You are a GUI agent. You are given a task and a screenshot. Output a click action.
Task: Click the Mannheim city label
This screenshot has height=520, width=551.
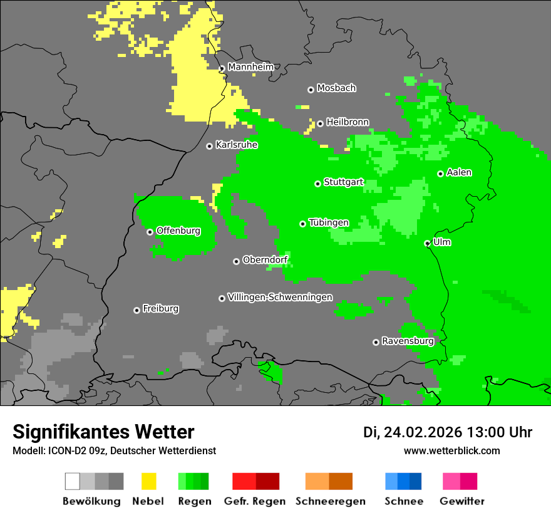pyautogui.click(x=250, y=67)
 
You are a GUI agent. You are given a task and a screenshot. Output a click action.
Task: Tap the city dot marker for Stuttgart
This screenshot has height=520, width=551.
pyautogui.click(x=317, y=184)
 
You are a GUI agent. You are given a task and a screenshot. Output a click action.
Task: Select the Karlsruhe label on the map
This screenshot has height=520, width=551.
pyautogui.click(x=236, y=145)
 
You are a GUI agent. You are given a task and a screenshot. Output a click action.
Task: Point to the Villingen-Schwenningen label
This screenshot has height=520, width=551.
pyautogui.click(x=280, y=297)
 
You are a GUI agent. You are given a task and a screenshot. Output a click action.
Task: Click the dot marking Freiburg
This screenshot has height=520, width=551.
pyautogui.click(x=136, y=310)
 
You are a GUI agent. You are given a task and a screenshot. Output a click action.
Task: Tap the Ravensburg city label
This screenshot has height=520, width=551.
pyautogui.click(x=408, y=341)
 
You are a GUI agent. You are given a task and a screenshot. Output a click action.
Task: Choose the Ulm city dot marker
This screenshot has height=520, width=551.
pyautogui.click(x=427, y=243)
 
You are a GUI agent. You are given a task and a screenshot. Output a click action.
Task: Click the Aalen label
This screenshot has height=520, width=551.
pyautogui.click(x=459, y=172)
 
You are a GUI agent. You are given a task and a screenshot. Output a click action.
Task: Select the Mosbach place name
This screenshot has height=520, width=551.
pyautogui.click(x=336, y=88)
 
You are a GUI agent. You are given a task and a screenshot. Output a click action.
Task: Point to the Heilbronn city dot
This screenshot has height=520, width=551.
pyautogui.click(x=320, y=123)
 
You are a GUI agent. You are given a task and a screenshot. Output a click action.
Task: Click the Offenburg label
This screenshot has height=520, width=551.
pyautogui.click(x=178, y=231)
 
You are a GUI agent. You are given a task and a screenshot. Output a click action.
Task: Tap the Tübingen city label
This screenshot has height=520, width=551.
pyautogui.click(x=329, y=222)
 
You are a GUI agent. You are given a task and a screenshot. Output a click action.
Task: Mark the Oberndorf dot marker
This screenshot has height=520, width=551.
pyautogui.click(x=236, y=261)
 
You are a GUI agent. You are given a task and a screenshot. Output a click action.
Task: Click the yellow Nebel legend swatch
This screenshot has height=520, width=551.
pyautogui.click(x=148, y=481)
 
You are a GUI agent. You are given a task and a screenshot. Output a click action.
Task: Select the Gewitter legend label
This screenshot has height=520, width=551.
pyautogui.click(x=461, y=501)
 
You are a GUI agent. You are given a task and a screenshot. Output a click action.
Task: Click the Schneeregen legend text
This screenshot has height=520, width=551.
pyautogui.click(x=330, y=501)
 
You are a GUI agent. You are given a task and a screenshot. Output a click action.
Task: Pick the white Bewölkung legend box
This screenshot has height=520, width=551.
pyautogui.click(x=73, y=481)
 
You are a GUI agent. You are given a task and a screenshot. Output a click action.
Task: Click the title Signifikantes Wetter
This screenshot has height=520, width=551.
pyautogui.click(x=103, y=432)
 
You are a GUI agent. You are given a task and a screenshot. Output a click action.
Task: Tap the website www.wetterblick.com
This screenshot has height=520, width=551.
pyautogui.click(x=451, y=450)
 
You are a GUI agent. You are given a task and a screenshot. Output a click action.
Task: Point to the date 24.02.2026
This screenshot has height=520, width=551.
pyautogui.click(x=423, y=432)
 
